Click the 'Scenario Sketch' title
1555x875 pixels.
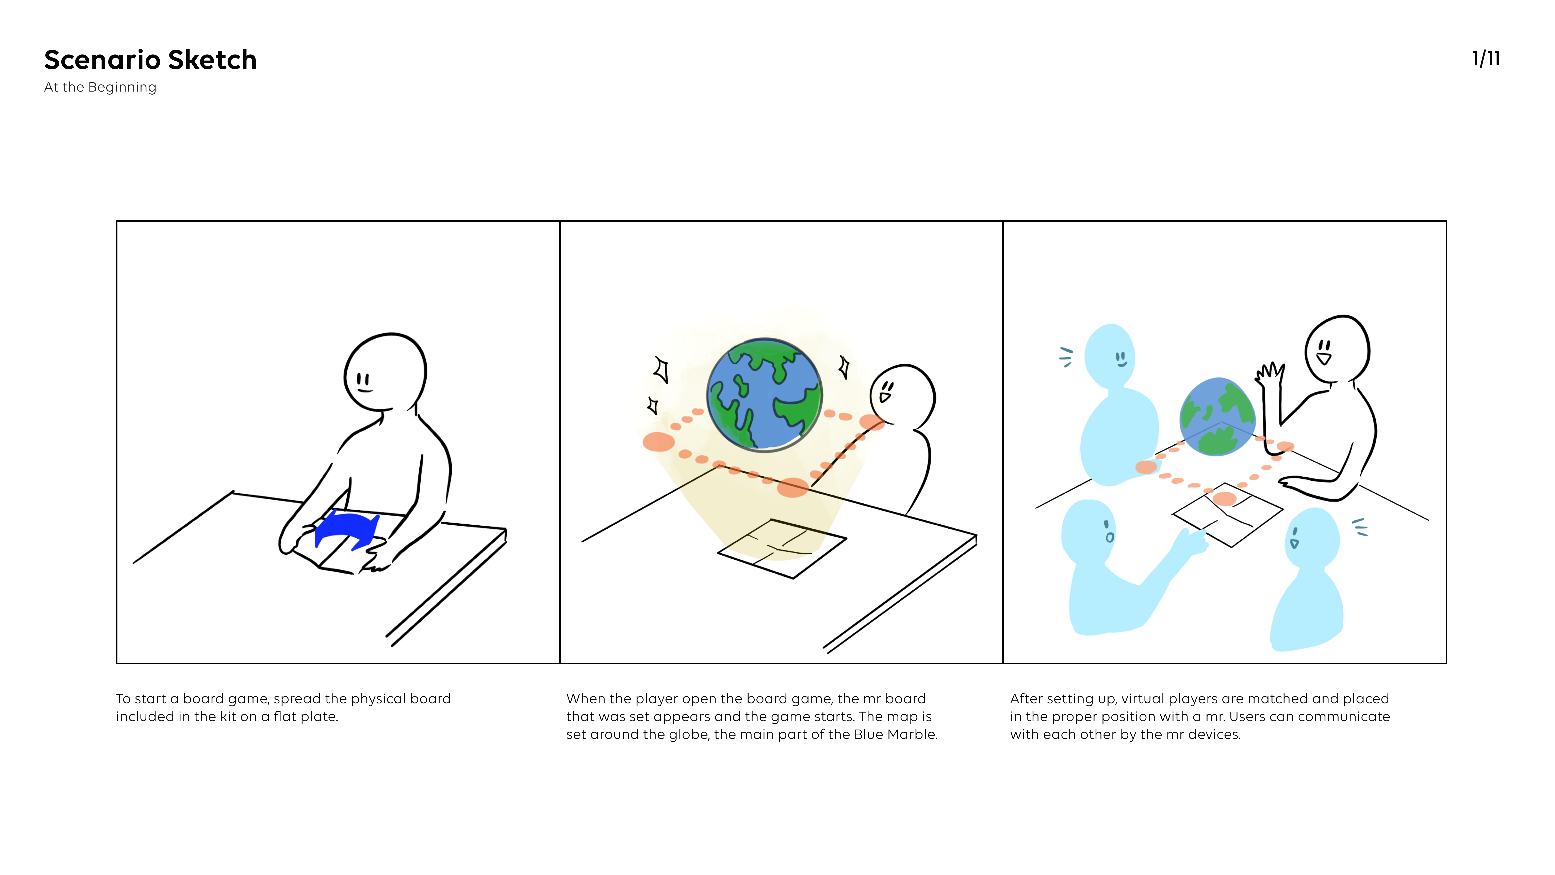tap(150, 60)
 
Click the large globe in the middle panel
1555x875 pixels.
tap(764, 395)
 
